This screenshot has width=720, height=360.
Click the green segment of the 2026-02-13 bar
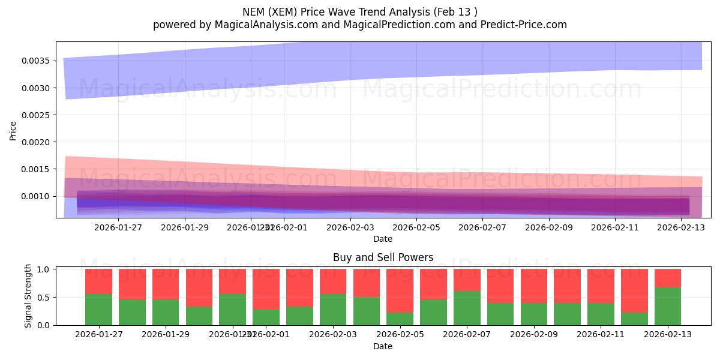[668, 306]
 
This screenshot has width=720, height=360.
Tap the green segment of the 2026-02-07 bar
[467, 308]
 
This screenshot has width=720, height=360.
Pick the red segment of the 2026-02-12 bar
[634, 290]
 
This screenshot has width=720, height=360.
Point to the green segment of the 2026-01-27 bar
[98, 310]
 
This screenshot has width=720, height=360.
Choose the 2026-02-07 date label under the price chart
[482, 227]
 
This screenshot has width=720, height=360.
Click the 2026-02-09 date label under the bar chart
[533, 334]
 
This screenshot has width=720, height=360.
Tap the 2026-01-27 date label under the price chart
[118, 227]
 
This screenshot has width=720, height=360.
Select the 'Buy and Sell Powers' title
[383, 257]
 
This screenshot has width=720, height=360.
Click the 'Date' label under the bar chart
[383, 346]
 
